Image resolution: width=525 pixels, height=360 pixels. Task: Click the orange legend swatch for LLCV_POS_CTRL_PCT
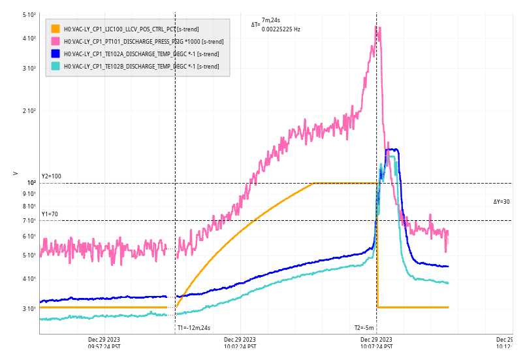(x=56, y=29)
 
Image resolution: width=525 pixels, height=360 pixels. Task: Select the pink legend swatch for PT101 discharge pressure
(x=56, y=41)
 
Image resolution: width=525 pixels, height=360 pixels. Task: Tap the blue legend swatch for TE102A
(x=56, y=54)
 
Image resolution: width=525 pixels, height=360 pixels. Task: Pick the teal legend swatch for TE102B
(x=56, y=66)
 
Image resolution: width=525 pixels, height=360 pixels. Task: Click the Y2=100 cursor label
(x=51, y=176)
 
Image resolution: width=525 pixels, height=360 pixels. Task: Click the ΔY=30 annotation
(x=501, y=202)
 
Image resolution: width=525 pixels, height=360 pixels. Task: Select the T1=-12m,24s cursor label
(x=194, y=328)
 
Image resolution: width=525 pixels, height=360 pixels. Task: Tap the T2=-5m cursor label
(x=364, y=328)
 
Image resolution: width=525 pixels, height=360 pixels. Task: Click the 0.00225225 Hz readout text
(x=281, y=29)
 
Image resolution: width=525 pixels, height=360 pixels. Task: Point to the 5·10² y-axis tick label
(x=29, y=14)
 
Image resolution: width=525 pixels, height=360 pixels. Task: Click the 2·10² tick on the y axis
(x=29, y=111)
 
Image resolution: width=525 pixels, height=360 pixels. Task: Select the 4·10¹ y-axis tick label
(x=29, y=279)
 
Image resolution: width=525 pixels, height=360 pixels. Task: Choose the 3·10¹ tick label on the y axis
(x=29, y=308)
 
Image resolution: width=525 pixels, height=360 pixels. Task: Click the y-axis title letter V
(x=15, y=174)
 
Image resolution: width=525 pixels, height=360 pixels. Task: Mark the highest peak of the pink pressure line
(x=377, y=26)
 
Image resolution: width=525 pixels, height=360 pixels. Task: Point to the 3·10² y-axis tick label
(x=29, y=69)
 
